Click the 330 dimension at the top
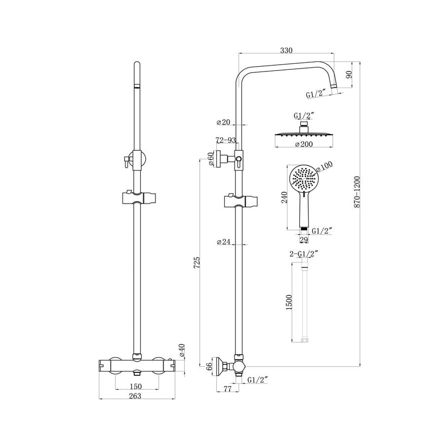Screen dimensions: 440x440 coord(286,50)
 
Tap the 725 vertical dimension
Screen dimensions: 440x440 coord(197,263)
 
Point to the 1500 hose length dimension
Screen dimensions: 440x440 coord(289,302)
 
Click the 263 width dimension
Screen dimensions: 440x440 coord(136,396)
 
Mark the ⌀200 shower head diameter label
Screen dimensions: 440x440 coord(303,144)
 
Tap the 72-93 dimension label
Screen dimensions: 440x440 coord(226,140)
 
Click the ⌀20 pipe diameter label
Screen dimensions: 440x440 coord(224,122)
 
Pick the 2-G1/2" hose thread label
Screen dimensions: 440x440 coord(304,253)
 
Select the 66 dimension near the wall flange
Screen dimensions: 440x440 coord(210,366)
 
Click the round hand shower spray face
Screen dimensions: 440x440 coord(302,178)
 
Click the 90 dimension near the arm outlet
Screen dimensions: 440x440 coord(349,74)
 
